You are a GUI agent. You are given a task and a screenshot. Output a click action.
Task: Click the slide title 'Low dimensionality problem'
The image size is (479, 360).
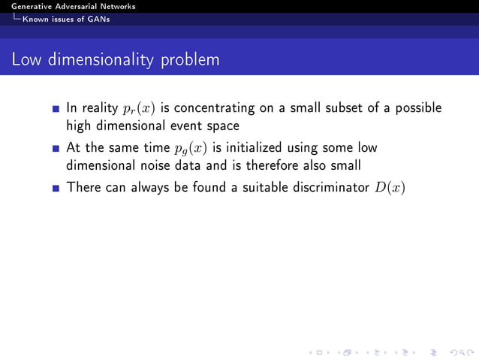pyautogui.click(x=116, y=59)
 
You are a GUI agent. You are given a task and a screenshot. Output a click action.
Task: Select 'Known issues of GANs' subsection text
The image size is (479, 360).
pyautogui.click(x=66, y=19)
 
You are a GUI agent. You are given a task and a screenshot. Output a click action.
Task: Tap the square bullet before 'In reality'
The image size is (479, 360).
pyautogui.click(x=56, y=109)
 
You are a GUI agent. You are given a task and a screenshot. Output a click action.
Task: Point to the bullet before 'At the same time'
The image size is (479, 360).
pyautogui.click(x=56, y=150)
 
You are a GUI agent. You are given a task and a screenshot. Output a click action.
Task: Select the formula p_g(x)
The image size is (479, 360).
pyautogui.click(x=183, y=149)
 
